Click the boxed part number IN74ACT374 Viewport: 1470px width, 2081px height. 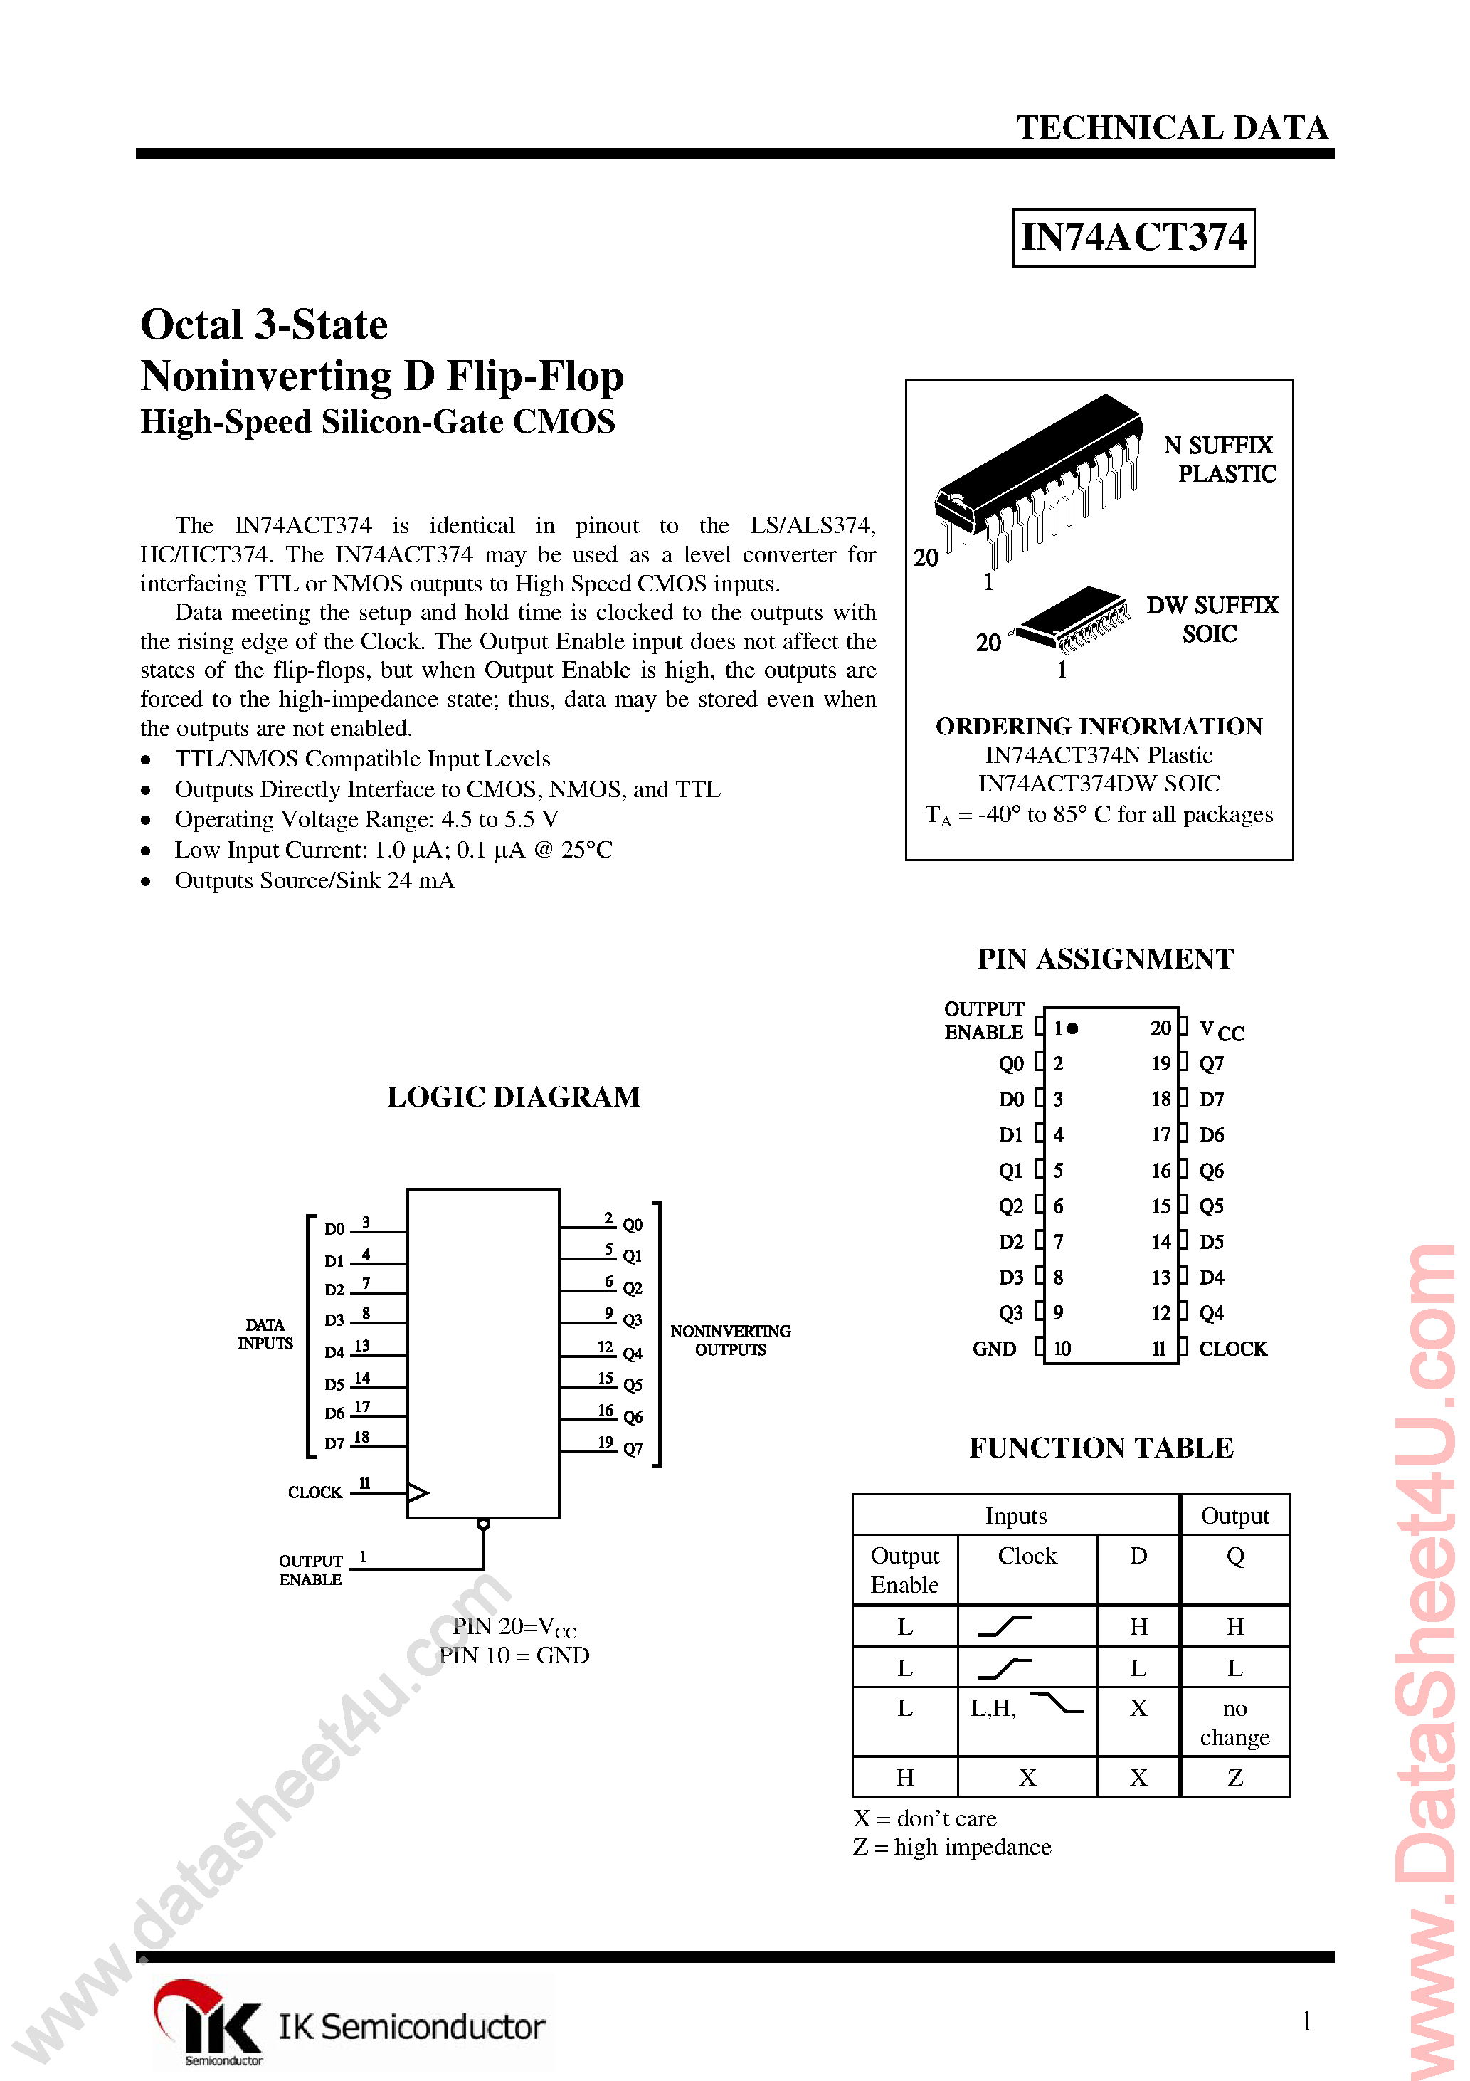[x=1133, y=238]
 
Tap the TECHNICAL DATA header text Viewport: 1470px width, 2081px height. [x=1172, y=128]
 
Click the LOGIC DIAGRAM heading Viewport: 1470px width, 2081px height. [x=513, y=1097]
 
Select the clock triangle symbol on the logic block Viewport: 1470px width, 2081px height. [x=418, y=1492]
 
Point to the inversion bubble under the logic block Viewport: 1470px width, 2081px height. [x=483, y=1524]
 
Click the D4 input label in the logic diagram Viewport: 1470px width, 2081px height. [x=334, y=1352]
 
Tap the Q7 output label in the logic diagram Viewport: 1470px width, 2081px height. [x=633, y=1448]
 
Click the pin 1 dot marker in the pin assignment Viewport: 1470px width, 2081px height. [x=1073, y=1028]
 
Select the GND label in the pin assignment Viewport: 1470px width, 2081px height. [x=994, y=1349]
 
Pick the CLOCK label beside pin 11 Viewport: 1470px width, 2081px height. [x=1232, y=1349]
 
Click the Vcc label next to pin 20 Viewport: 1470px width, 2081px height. [x=1221, y=1030]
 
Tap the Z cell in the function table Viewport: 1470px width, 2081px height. [x=1234, y=1777]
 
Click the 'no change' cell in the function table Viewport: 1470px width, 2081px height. [x=1234, y=1722]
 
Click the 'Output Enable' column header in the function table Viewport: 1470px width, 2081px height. [x=904, y=1570]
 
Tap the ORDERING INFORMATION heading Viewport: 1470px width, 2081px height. [x=1099, y=726]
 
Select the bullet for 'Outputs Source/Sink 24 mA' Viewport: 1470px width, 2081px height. [x=146, y=882]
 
